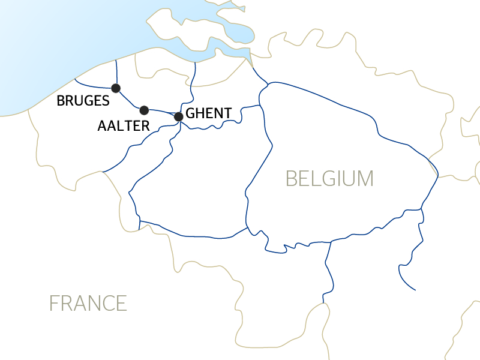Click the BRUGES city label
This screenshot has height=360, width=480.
coord(83,101)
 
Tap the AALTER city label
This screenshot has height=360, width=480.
coord(123,125)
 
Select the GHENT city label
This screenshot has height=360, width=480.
coord(209,113)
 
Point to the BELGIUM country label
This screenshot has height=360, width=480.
coord(329,179)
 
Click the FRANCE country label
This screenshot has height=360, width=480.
coord(88,303)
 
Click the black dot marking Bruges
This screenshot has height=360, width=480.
coord(116,88)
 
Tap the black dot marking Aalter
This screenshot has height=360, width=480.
coord(144,110)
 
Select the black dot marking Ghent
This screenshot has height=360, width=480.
coord(178,116)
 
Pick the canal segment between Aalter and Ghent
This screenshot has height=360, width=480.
coord(161,112)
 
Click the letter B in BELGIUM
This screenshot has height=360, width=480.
coord(292,179)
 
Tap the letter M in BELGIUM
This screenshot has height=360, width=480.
coord(365,179)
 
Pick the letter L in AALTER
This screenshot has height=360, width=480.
coord(121,125)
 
